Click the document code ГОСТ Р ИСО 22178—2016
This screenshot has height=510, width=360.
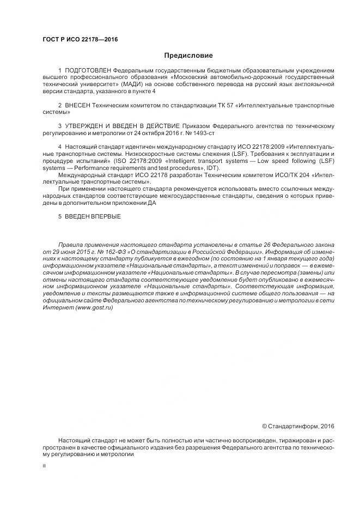[80, 40]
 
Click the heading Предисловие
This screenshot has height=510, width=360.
[188, 56]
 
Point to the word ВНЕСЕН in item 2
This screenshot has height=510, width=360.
[78, 104]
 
